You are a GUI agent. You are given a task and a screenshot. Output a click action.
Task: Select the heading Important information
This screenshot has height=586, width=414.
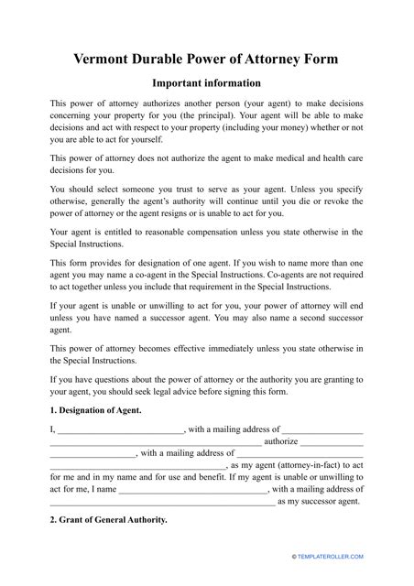click(207, 84)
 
